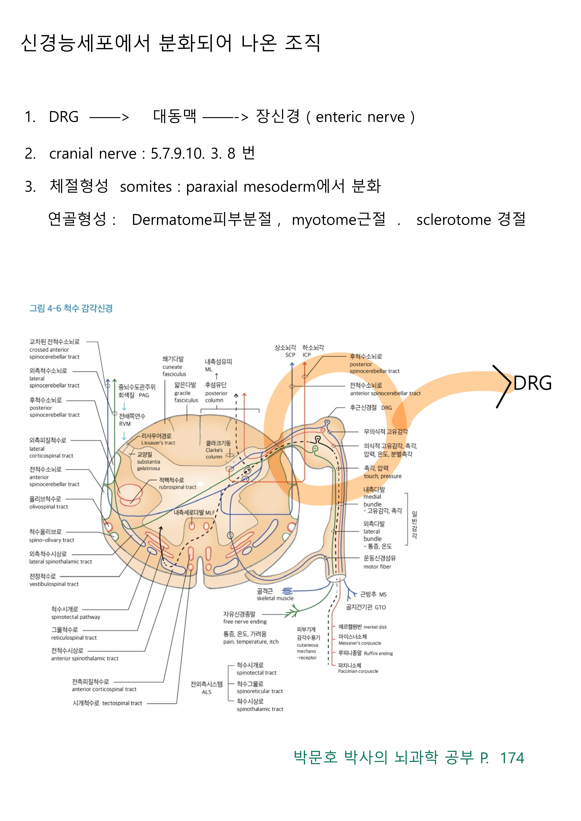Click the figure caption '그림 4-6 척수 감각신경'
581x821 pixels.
(x=71, y=308)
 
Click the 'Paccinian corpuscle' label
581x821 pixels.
(x=358, y=671)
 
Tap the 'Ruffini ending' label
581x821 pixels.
(x=378, y=653)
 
